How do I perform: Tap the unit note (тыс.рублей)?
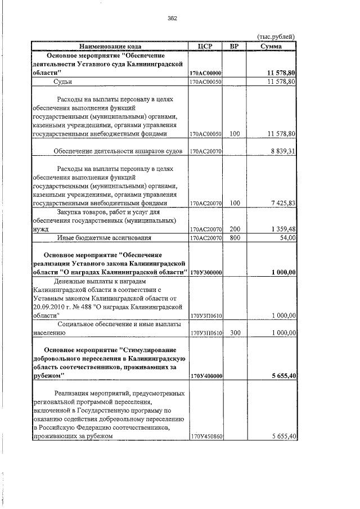click(x=276, y=37)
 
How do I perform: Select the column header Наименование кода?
click(x=110, y=46)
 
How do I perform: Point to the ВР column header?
click(x=235, y=46)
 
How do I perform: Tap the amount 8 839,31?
click(x=282, y=152)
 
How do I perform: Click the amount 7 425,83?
click(x=282, y=203)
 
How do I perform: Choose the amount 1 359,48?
click(x=282, y=229)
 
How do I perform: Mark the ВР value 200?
click(x=235, y=229)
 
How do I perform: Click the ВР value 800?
click(x=235, y=238)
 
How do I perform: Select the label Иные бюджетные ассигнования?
click(x=104, y=238)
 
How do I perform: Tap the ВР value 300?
click(x=235, y=333)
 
